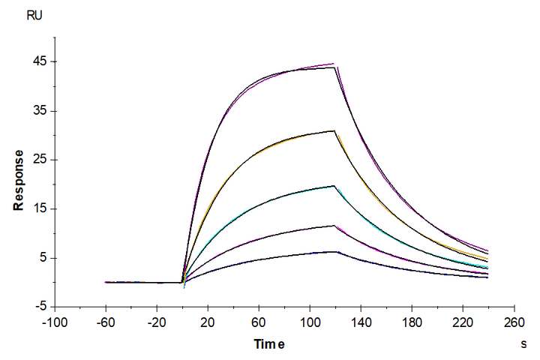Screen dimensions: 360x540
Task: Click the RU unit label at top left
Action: (34, 15)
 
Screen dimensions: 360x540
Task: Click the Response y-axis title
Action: (18, 180)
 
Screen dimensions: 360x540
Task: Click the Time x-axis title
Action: (268, 344)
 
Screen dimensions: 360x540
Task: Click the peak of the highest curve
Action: (334, 64)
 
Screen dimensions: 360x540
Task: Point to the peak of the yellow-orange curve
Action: (334, 131)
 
